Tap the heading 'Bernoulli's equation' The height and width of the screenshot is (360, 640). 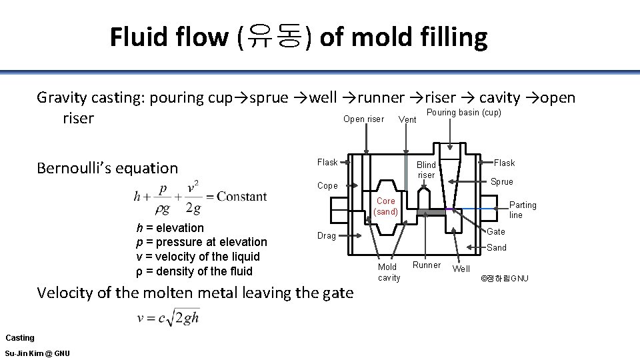(107, 168)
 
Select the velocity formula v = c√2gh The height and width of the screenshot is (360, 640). (168, 318)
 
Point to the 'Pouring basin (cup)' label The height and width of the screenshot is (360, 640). (463, 113)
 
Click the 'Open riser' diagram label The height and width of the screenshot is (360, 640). (363, 119)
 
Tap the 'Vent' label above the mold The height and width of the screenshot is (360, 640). (407, 120)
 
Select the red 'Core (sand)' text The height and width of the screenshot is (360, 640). (385, 206)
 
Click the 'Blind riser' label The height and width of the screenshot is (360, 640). (426, 170)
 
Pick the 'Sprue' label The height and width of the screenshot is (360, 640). (502, 181)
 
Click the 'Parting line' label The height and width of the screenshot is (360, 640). (523, 210)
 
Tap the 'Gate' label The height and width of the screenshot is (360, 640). (496, 232)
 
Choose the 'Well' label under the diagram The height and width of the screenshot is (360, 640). (461, 269)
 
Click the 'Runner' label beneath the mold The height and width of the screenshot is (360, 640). (427, 265)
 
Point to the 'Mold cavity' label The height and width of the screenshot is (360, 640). (389, 272)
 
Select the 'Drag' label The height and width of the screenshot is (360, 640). (326, 235)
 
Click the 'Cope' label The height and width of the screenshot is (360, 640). (327, 186)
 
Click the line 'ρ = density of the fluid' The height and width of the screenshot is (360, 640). (194, 271)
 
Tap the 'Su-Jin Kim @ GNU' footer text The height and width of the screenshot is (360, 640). (37, 353)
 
